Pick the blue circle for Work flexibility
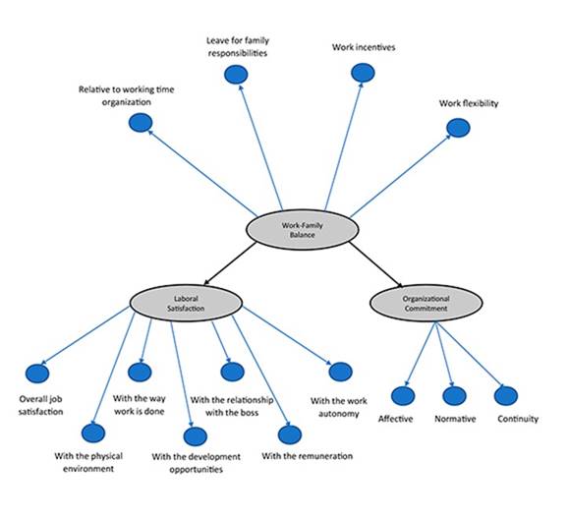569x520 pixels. click(457, 127)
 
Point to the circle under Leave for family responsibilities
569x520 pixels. click(235, 75)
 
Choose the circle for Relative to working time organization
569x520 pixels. click(141, 123)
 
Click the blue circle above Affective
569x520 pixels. click(403, 396)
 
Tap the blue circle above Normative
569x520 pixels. click(454, 396)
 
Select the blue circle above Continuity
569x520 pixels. click(505, 395)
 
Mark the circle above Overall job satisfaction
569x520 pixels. click(37, 374)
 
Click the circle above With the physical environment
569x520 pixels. click(93, 433)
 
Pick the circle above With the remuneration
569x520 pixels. click(288, 433)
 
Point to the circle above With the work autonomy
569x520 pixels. click(340, 372)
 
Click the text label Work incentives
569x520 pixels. click(363, 46)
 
